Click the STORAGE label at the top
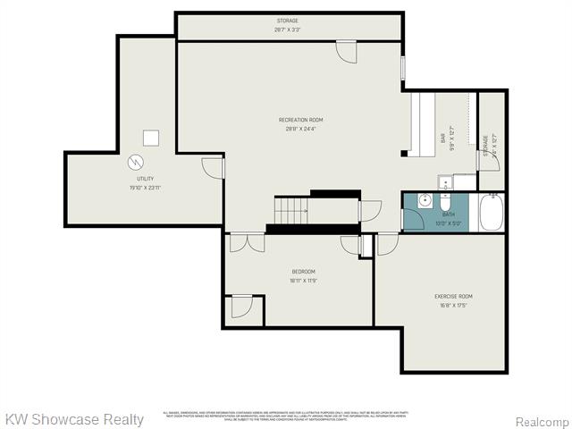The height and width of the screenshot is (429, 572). coord(287,21)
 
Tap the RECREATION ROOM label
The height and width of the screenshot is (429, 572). coord(300,120)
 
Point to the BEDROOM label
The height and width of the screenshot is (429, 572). coord(303,272)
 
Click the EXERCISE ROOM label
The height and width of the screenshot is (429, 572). coord(454,296)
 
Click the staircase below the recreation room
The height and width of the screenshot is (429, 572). coord(290,212)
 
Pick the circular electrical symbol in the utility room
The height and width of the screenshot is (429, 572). coord(136,163)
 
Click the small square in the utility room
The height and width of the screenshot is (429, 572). coord(152,137)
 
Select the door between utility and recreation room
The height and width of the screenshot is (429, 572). coord(212,167)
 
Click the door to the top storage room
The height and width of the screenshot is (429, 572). coord(346,52)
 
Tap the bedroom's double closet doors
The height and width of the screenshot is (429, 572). coord(241,243)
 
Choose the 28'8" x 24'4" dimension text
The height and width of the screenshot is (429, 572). coord(300,129)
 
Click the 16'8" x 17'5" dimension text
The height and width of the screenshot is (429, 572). coord(454,305)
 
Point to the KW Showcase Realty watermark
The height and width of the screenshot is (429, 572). coord(74,419)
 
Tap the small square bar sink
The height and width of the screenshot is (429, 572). coord(445,182)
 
